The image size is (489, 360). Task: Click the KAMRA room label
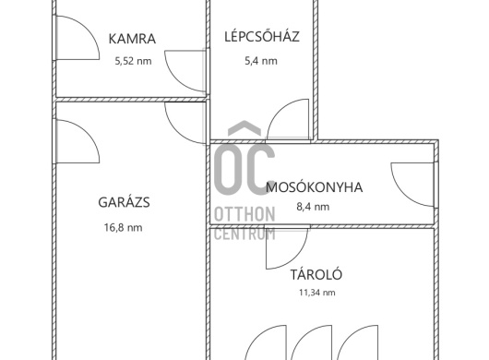pos(132,39)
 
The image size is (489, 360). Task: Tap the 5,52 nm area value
pos(134,61)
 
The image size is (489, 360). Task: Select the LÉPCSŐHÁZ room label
pos(262,36)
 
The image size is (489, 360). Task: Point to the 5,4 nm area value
pos(261,61)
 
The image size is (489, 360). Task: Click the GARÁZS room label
pos(125,202)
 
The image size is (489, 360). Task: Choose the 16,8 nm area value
pos(124,227)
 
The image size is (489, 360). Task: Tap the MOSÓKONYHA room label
pos(315,187)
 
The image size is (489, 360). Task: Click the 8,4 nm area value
pos(313,207)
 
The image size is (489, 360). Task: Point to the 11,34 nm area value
pos(317,293)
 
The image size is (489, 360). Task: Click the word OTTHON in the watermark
pos(244,214)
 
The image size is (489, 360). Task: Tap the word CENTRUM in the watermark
pos(244,234)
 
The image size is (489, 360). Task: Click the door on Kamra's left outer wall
pos(76,38)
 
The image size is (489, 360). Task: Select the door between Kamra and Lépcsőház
pos(186,71)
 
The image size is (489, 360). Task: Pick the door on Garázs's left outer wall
pos(76,141)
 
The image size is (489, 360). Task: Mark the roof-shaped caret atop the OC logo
pos(244,128)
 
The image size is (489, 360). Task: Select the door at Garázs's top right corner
pos(186,123)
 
